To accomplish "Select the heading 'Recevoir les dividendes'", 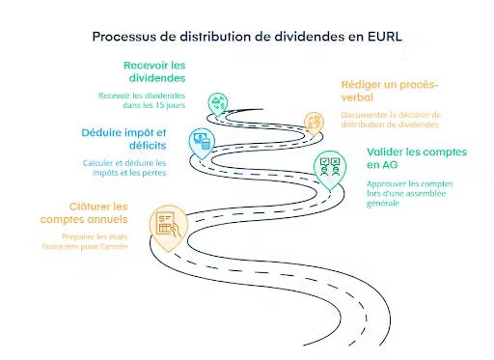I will [x=154, y=71].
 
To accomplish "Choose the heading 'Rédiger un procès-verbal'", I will [x=389, y=92].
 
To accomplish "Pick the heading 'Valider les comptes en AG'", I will [x=417, y=159].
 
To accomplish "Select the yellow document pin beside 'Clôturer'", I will [x=166, y=226].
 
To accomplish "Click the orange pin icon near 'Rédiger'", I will [x=313, y=122].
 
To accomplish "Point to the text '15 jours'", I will [x=169, y=106].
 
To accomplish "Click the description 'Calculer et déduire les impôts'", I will [x=124, y=168].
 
